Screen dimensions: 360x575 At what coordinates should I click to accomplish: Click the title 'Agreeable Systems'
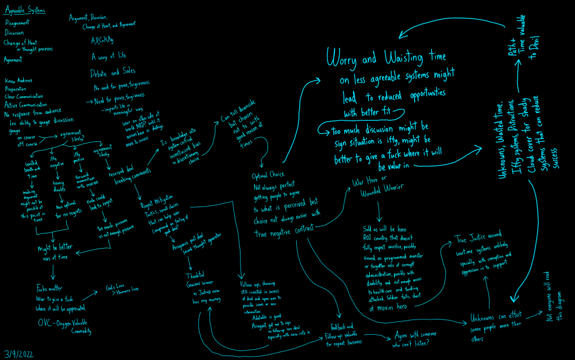[25, 11]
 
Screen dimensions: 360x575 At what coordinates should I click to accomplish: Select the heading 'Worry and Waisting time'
[386, 57]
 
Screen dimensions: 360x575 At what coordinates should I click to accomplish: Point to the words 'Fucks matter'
[49, 290]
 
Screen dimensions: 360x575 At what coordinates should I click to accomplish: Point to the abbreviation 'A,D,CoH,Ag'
[102, 40]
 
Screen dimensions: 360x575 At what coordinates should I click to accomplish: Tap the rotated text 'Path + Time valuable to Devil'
[523, 42]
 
